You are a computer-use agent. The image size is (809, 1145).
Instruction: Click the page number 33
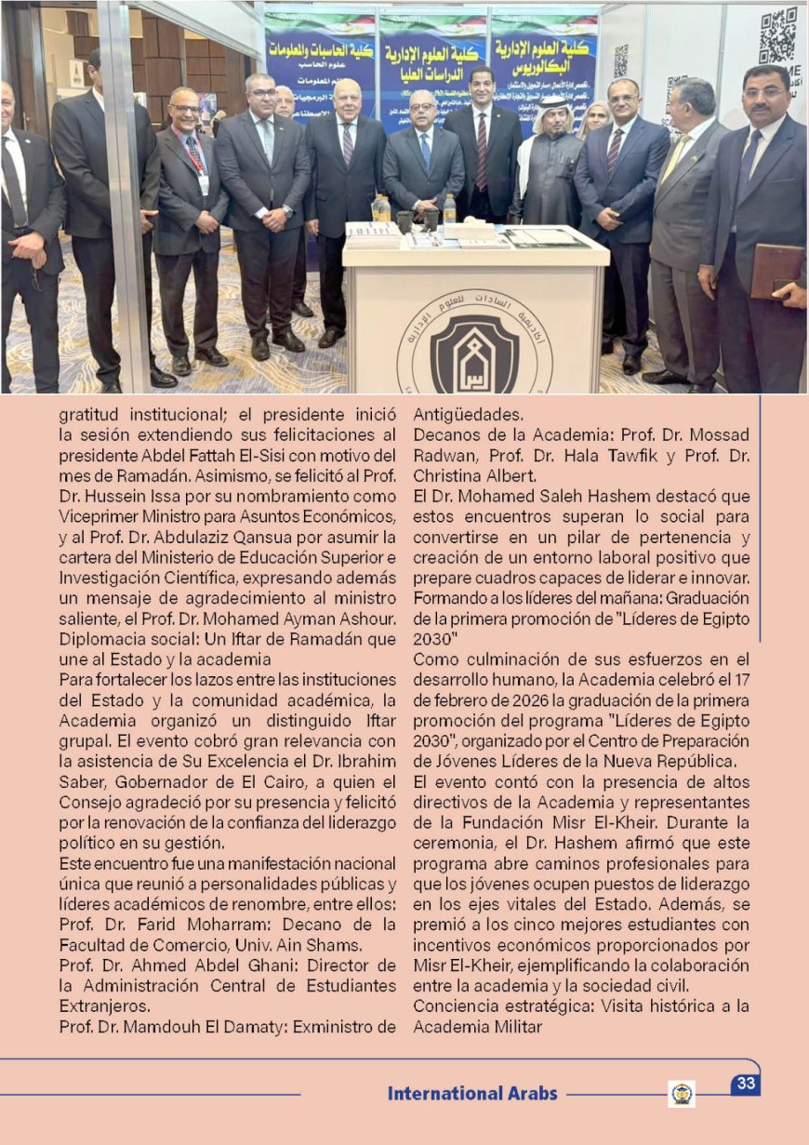(746, 1084)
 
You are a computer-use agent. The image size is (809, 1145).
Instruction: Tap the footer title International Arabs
(472, 1094)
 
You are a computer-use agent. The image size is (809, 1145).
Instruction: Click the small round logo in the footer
(682, 1094)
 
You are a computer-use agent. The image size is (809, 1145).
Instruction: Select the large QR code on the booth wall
(777, 35)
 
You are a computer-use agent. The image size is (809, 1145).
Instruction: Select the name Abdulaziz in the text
(219, 537)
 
